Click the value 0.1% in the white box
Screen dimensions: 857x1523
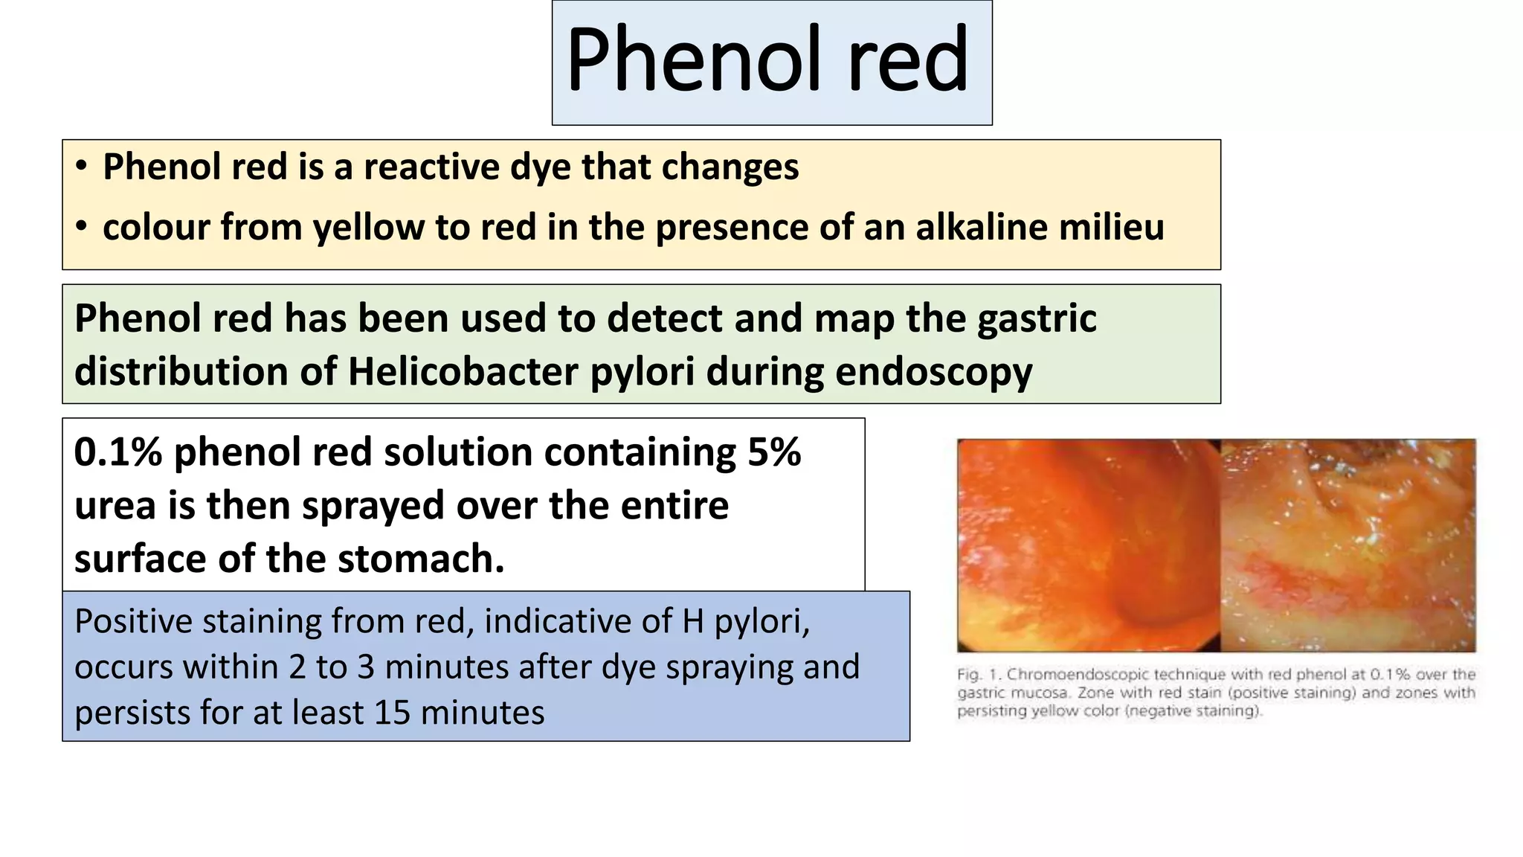click(118, 452)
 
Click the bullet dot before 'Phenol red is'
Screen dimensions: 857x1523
click(82, 167)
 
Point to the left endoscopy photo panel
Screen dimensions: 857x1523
click(1088, 545)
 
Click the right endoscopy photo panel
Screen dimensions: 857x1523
click(1347, 545)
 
